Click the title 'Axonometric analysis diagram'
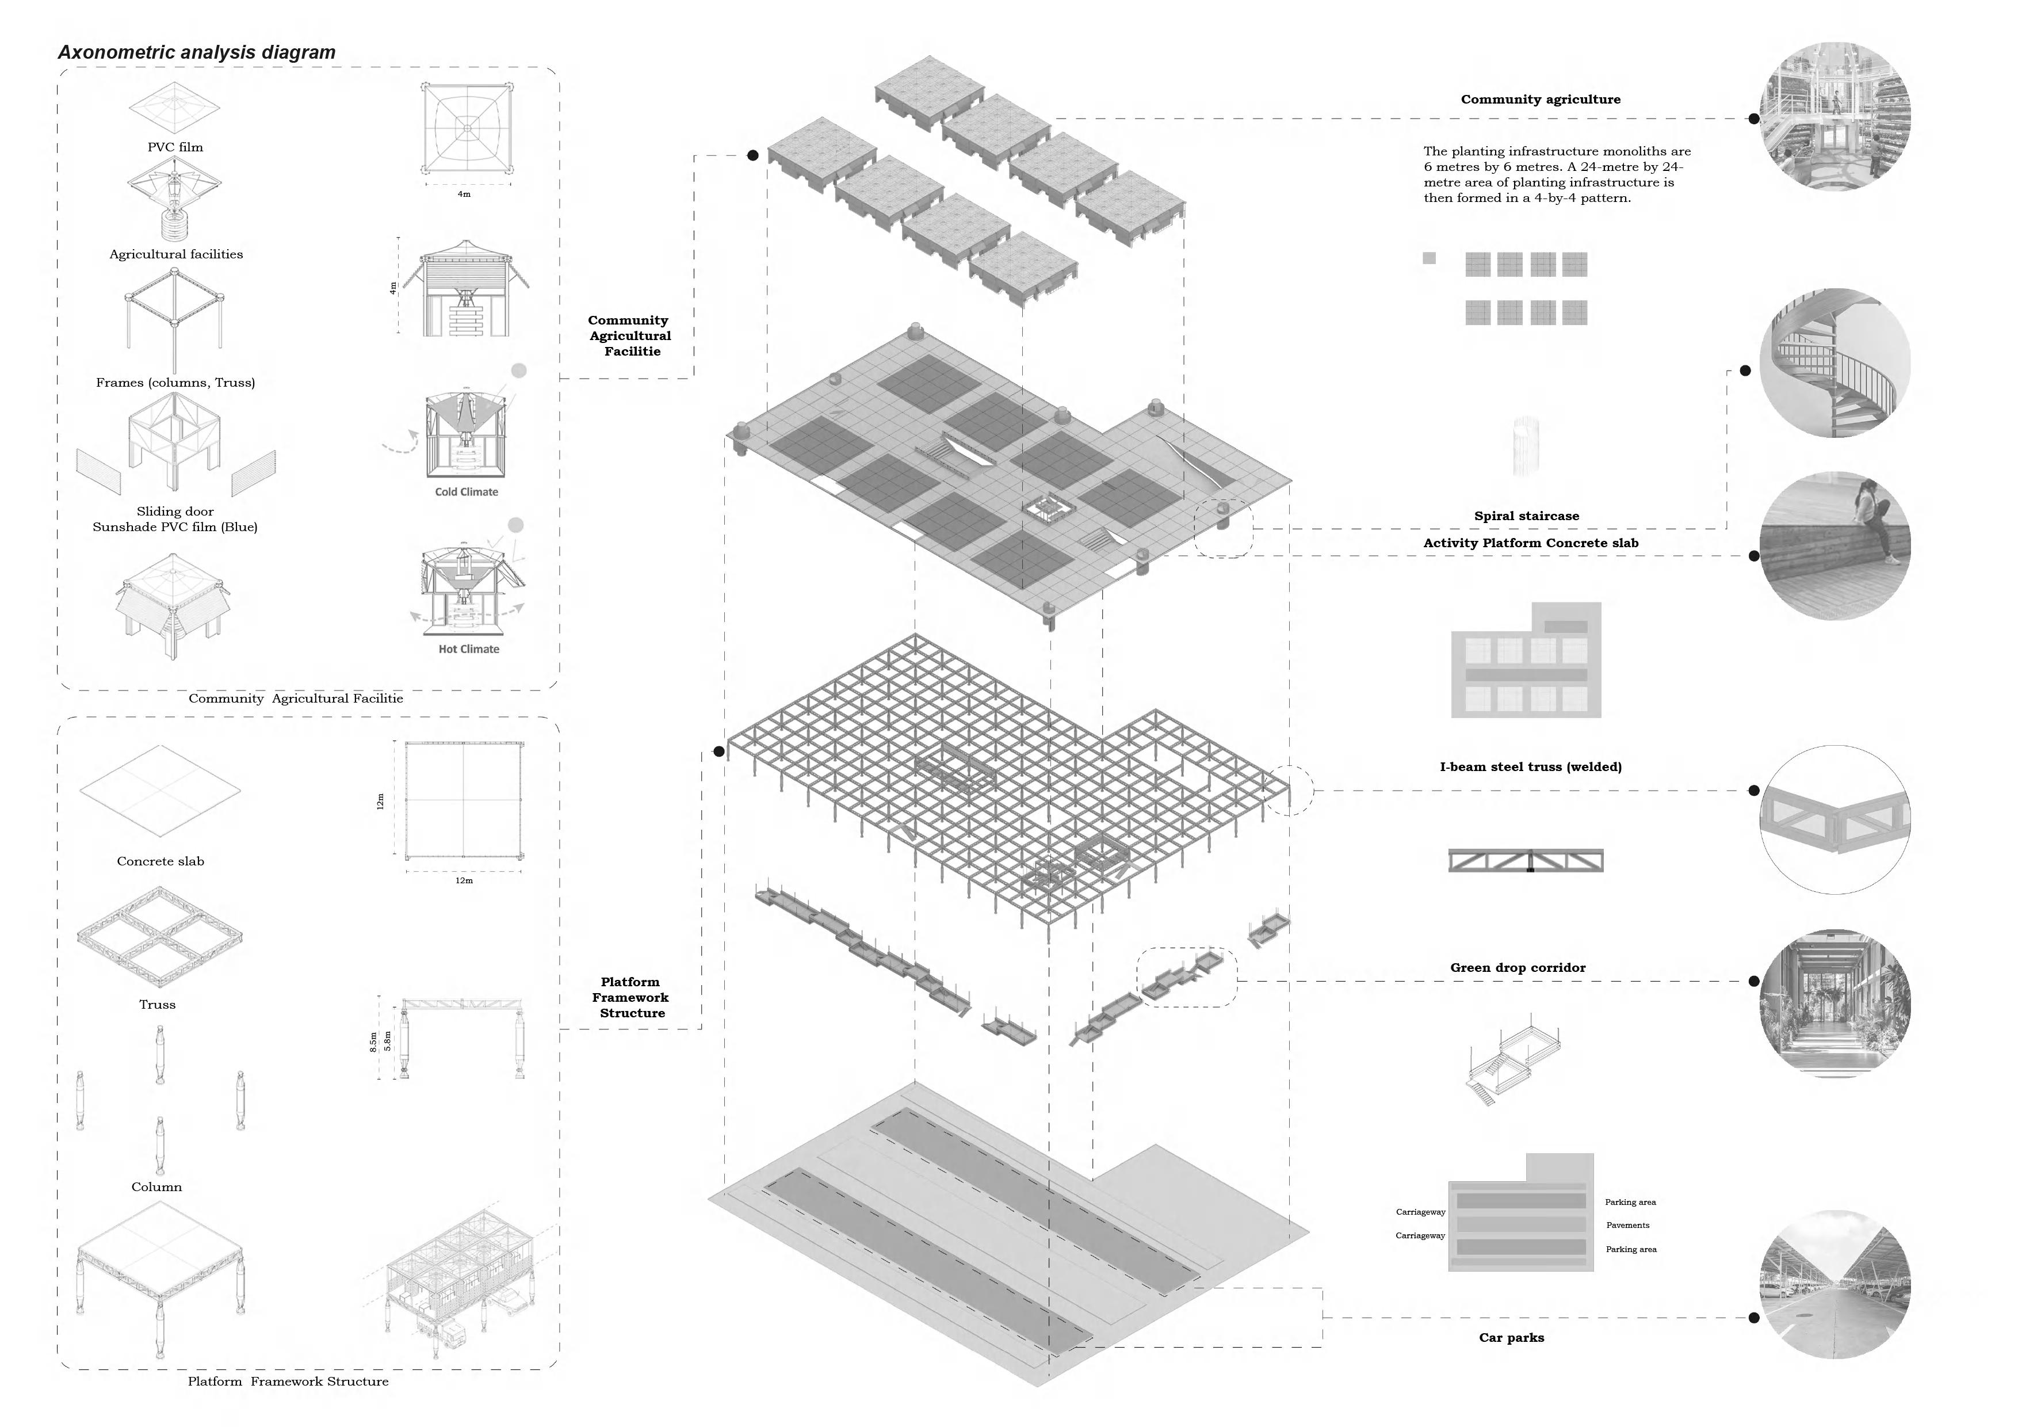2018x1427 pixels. click(x=197, y=52)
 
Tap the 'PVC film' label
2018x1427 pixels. click(x=175, y=147)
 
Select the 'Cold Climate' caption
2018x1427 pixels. click(x=466, y=491)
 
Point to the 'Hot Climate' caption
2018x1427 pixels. click(x=468, y=649)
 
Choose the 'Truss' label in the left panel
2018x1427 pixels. click(x=157, y=1004)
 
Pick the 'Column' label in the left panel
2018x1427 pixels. click(x=156, y=1186)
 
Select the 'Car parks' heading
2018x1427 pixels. click(x=1511, y=1337)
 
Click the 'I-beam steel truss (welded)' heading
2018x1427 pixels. click(x=1530, y=766)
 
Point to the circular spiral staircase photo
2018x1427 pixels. click(x=1835, y=363)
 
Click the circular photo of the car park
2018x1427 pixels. click(x=1835, y=1284)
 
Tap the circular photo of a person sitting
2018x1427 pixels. click(x=1835, y=545)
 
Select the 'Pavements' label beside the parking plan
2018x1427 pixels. click(x=1627, y=1225)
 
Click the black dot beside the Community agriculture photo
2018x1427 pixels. click(x=1753, y=119)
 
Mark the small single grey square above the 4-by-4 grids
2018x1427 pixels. click(x=1429, y=258)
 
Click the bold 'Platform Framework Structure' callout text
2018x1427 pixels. click(x=630, y=997)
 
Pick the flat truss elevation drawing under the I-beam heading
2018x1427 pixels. click(x=1525, y=860)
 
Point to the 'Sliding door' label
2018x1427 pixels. click(x=175, y=511)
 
